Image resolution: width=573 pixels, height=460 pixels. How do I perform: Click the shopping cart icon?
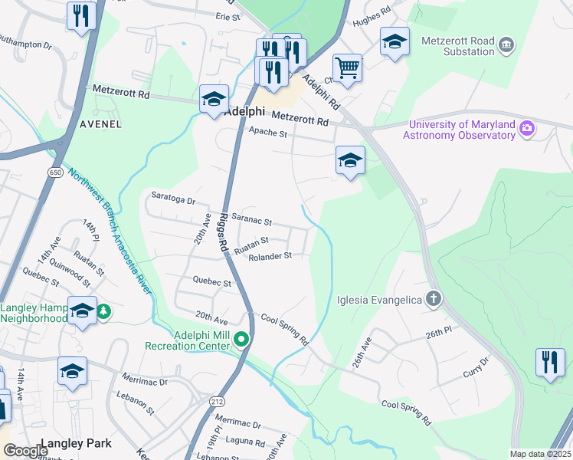pyautogui.click(x=347, y=68)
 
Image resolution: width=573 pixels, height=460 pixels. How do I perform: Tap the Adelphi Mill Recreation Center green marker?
pyautogui.click(x=242, y=339)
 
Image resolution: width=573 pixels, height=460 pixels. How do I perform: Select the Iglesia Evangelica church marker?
pyautogui.click(x=434, y=299)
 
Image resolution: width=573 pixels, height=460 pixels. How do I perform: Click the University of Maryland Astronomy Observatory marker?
pyautogui.click(x=526, y=129)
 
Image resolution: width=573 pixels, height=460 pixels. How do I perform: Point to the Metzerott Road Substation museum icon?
pyautogui.click(x=506, y=46)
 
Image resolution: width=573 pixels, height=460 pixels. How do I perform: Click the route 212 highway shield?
pyautogui.click(x=216, y=401)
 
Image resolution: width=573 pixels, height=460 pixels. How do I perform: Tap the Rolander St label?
pyautogui.click(x=270, y=256)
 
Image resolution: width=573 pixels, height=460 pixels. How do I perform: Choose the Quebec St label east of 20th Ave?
pyautogui.click(x=212, y=282)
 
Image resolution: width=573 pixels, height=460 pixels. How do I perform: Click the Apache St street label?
pyautogui.click(x=267, y=133)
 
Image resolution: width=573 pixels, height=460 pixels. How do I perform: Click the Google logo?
pyautogui.click(x=26, y=451)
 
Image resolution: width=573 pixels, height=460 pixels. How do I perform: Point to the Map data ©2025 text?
pyautogui.click(x=539, y=454)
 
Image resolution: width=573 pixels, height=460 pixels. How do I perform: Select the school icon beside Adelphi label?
pyautogui.click(x=214, y=99)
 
